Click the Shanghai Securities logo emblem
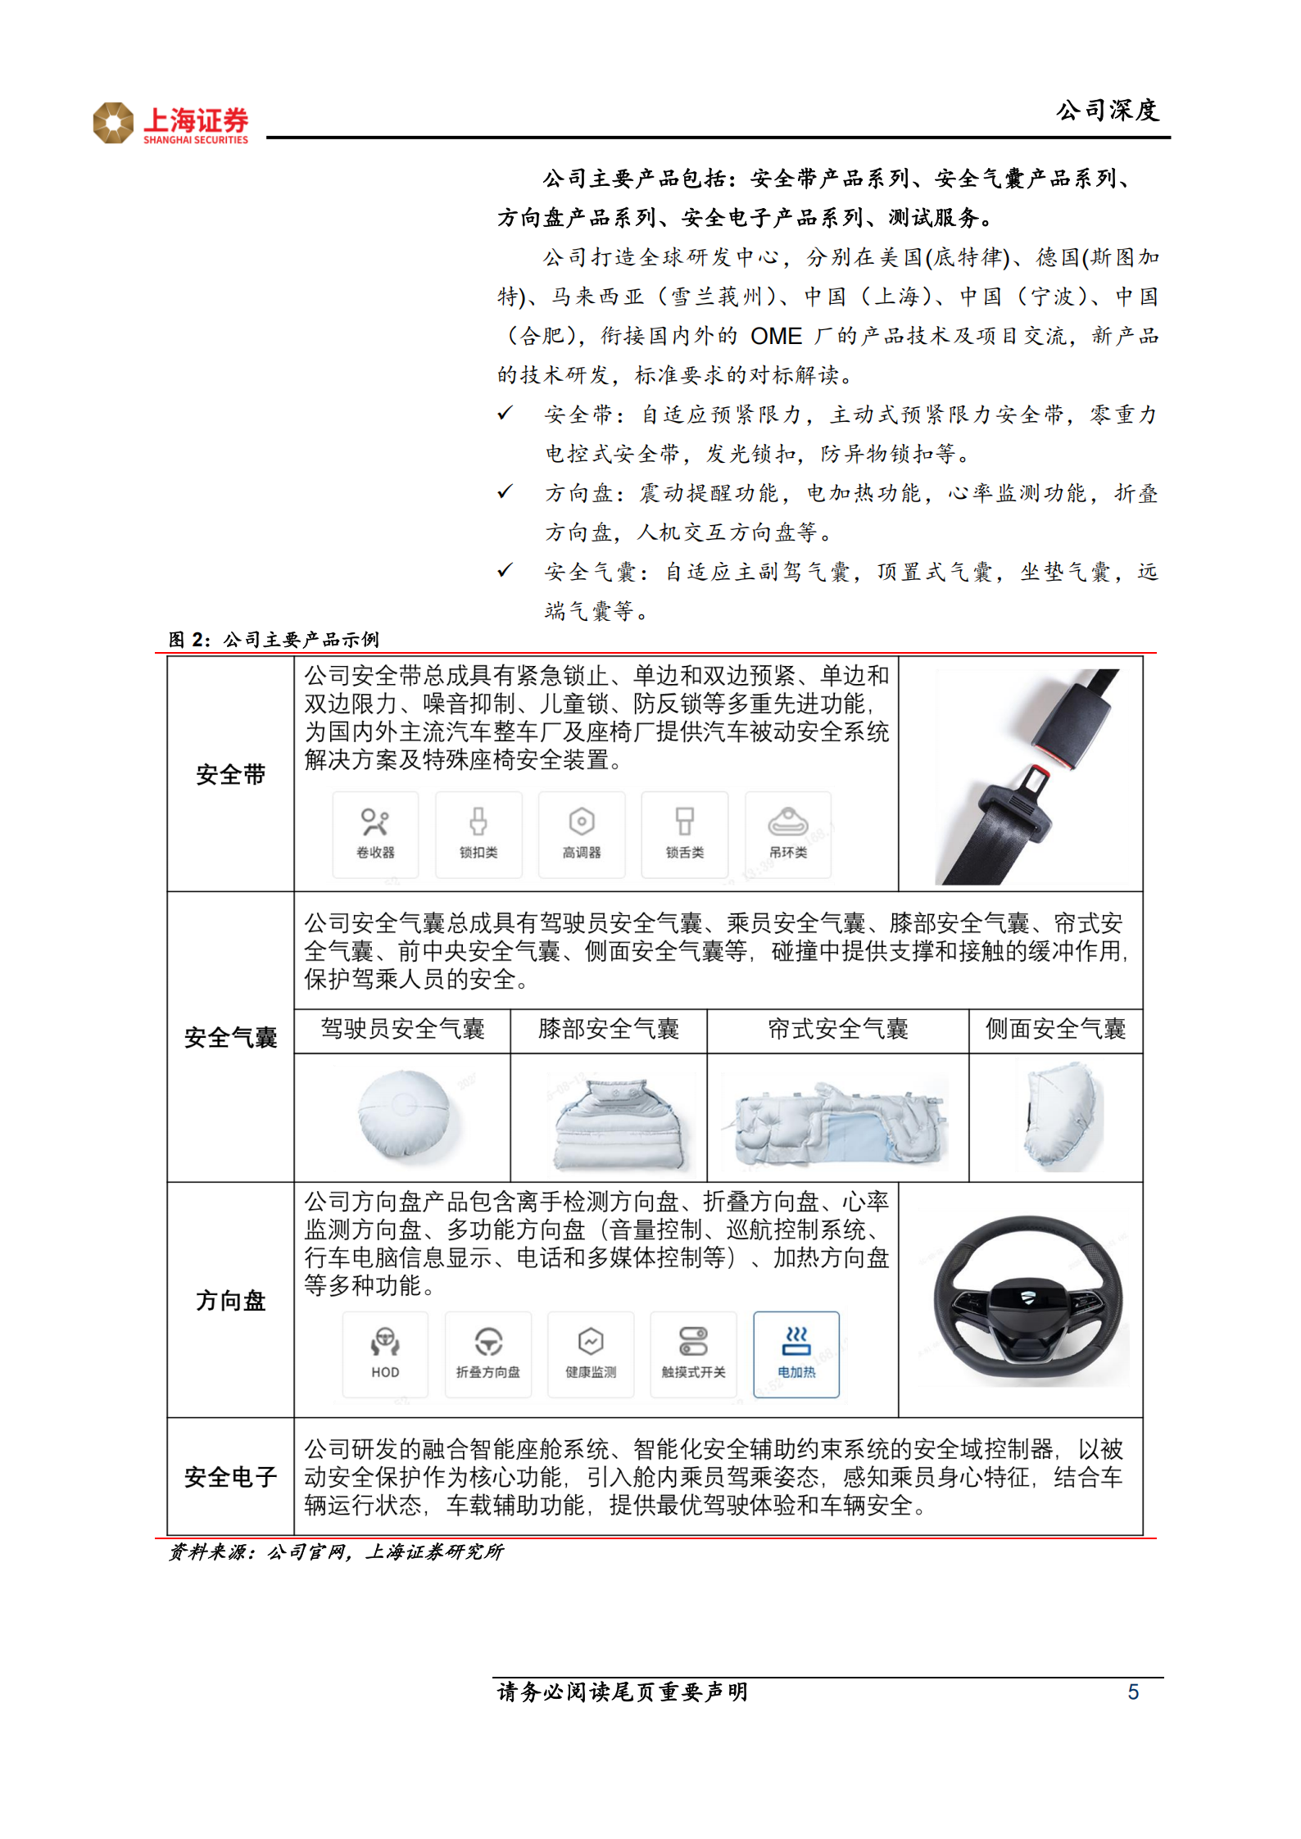tap(113, 123)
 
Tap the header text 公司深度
tap(1107, 111)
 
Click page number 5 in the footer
tap(1133, 1692)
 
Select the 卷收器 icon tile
tap(375, 834)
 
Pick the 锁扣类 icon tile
tap(478, 834)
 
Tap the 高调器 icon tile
tap(582, 834)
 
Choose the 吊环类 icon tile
tap(788, 834)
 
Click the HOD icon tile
tap(385, 1354)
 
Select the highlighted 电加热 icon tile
tap(796, 1354)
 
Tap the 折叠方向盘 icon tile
tap(488, 1354)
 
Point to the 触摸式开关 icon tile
tap(693, 1354)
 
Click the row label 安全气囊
tap(230, 1037)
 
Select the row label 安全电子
tap(230, 1476)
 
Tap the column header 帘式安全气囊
tap(837, 1029)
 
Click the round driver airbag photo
tap(404, 1115)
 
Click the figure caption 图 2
tap(189, 639)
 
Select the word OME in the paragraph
tap(776, 336)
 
